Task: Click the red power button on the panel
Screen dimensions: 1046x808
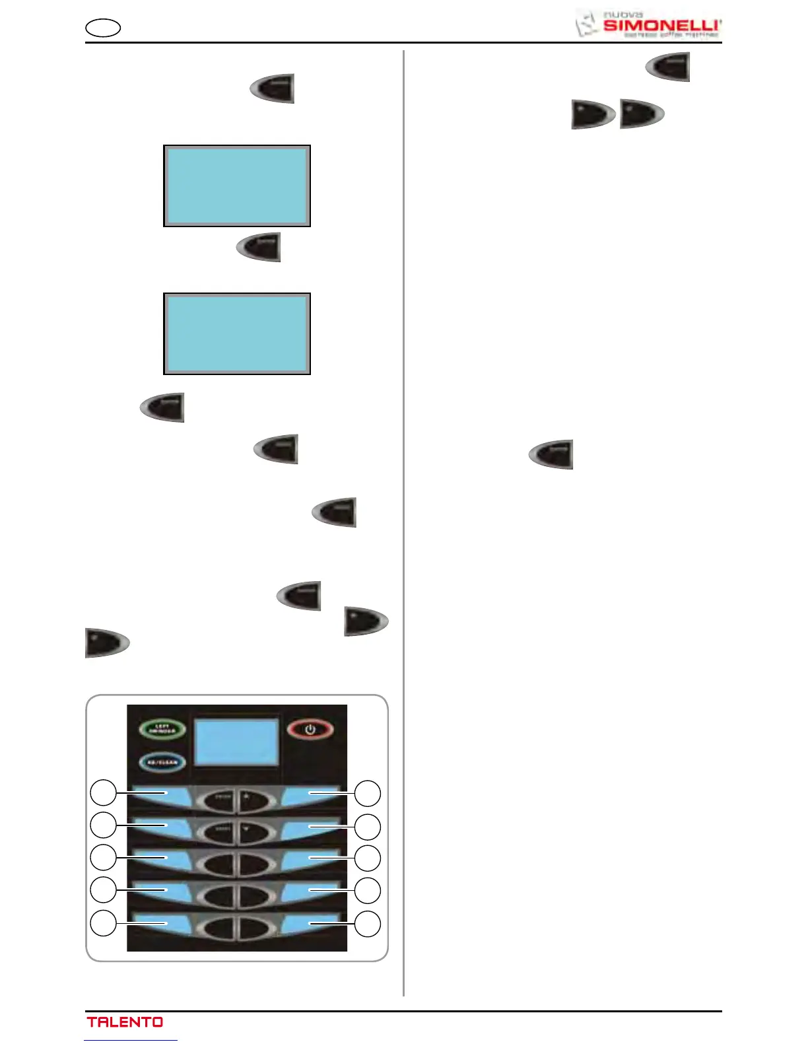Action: tap(310, 730)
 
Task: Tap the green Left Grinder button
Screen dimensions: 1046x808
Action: tap(162, 730)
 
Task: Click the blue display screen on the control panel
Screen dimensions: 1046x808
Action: tap(237, 742)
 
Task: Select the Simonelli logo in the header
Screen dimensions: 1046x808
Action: tap(648, 24)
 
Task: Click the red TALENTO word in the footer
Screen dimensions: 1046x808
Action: tap(125, 1022)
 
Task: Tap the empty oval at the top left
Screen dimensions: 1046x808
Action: tap(103, 28)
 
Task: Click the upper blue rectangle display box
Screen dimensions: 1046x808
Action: tap(237, 186)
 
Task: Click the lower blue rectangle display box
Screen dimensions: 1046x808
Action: tap(237, 334)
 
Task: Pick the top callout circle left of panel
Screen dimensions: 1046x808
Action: tap(104, 793)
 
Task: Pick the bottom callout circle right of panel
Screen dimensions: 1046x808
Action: tap(368, 924)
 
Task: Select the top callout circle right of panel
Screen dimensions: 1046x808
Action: tap(368, 793)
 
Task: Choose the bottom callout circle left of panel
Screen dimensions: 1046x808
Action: tap(104, 923)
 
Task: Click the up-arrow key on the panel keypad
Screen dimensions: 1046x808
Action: tap(254, 800)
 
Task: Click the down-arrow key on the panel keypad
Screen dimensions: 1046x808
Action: tap(254, 833)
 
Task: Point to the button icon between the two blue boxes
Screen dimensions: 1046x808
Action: tap(259, 247)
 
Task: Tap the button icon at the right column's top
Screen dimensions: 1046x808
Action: tap(668, 67)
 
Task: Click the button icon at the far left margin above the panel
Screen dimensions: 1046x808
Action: tap(107, 643)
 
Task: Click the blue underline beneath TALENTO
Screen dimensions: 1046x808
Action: tap(131, 1040)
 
